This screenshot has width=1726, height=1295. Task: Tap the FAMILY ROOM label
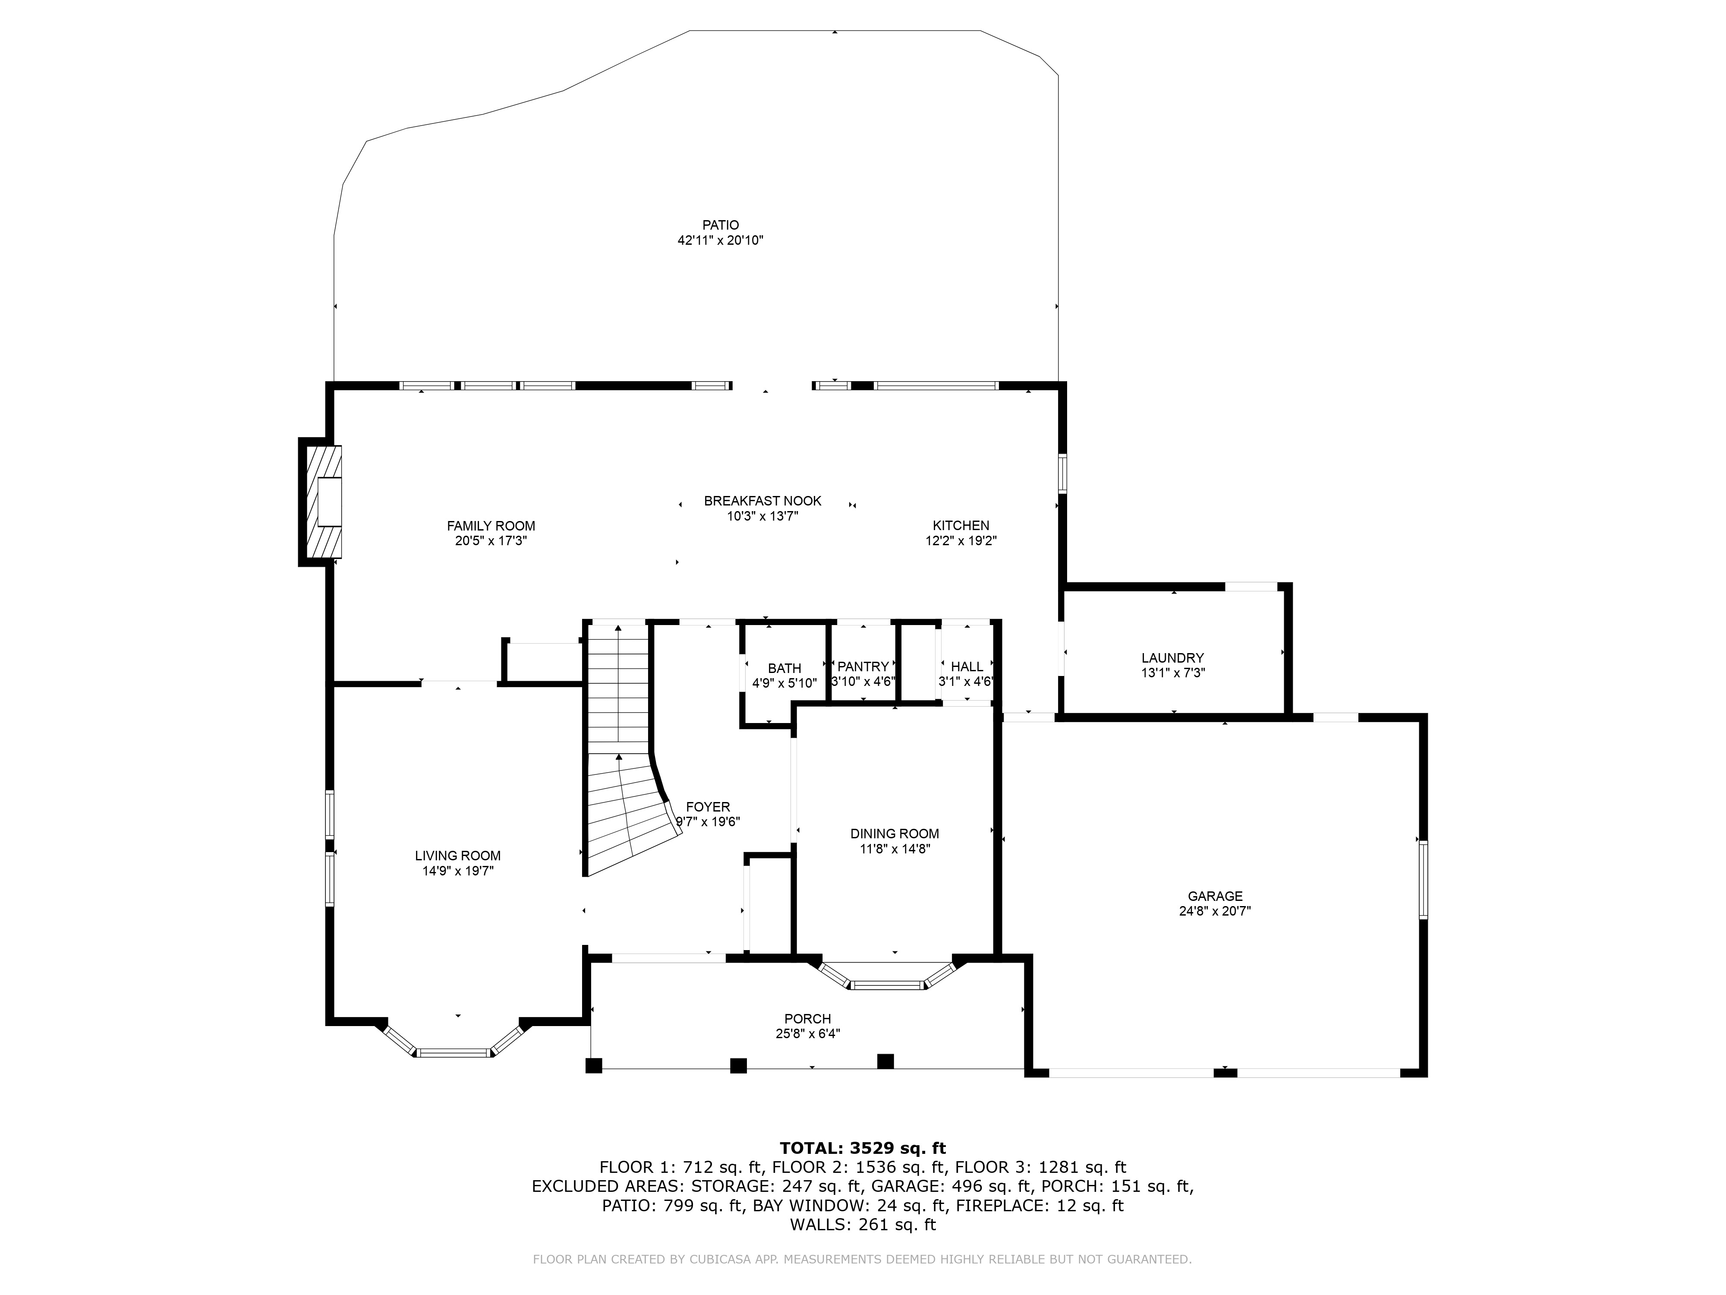(491, 526)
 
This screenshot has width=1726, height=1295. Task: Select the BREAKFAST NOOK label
(762, 501)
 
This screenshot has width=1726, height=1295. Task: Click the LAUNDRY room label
(1173, 658)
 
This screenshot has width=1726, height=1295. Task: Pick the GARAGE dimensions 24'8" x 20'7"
(1215, 910)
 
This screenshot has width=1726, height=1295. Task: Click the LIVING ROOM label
(458, 856)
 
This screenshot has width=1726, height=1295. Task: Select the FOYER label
(708, 807)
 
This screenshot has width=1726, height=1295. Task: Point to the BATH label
(784, 668)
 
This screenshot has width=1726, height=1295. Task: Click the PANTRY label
(863, 666)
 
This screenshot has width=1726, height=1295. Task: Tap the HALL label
(967, 666)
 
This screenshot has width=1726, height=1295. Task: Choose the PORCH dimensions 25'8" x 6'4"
(808, 1033)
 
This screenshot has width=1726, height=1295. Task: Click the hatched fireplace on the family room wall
(320, 501)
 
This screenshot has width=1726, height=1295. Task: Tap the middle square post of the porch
(738, 1065)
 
